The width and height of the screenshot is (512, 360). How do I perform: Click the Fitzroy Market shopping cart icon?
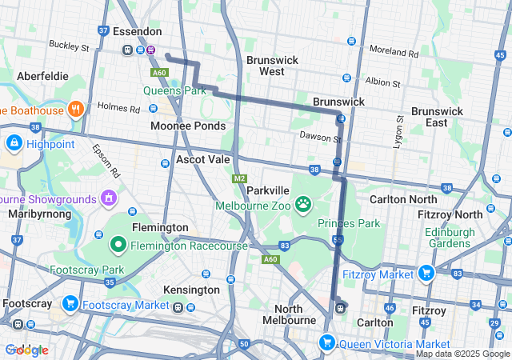426,274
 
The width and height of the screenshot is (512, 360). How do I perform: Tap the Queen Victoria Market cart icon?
326,343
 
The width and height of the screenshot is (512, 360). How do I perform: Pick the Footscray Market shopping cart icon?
70,304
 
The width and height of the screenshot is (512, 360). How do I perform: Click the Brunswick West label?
272,66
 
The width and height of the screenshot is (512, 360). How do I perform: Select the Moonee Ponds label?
188,126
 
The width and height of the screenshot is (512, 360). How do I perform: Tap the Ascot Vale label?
203,159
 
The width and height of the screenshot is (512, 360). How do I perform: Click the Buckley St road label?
67,46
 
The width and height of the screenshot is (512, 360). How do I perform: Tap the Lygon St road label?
397,128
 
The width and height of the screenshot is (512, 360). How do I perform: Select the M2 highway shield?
239,178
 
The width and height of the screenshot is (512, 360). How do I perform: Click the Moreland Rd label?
395,53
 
